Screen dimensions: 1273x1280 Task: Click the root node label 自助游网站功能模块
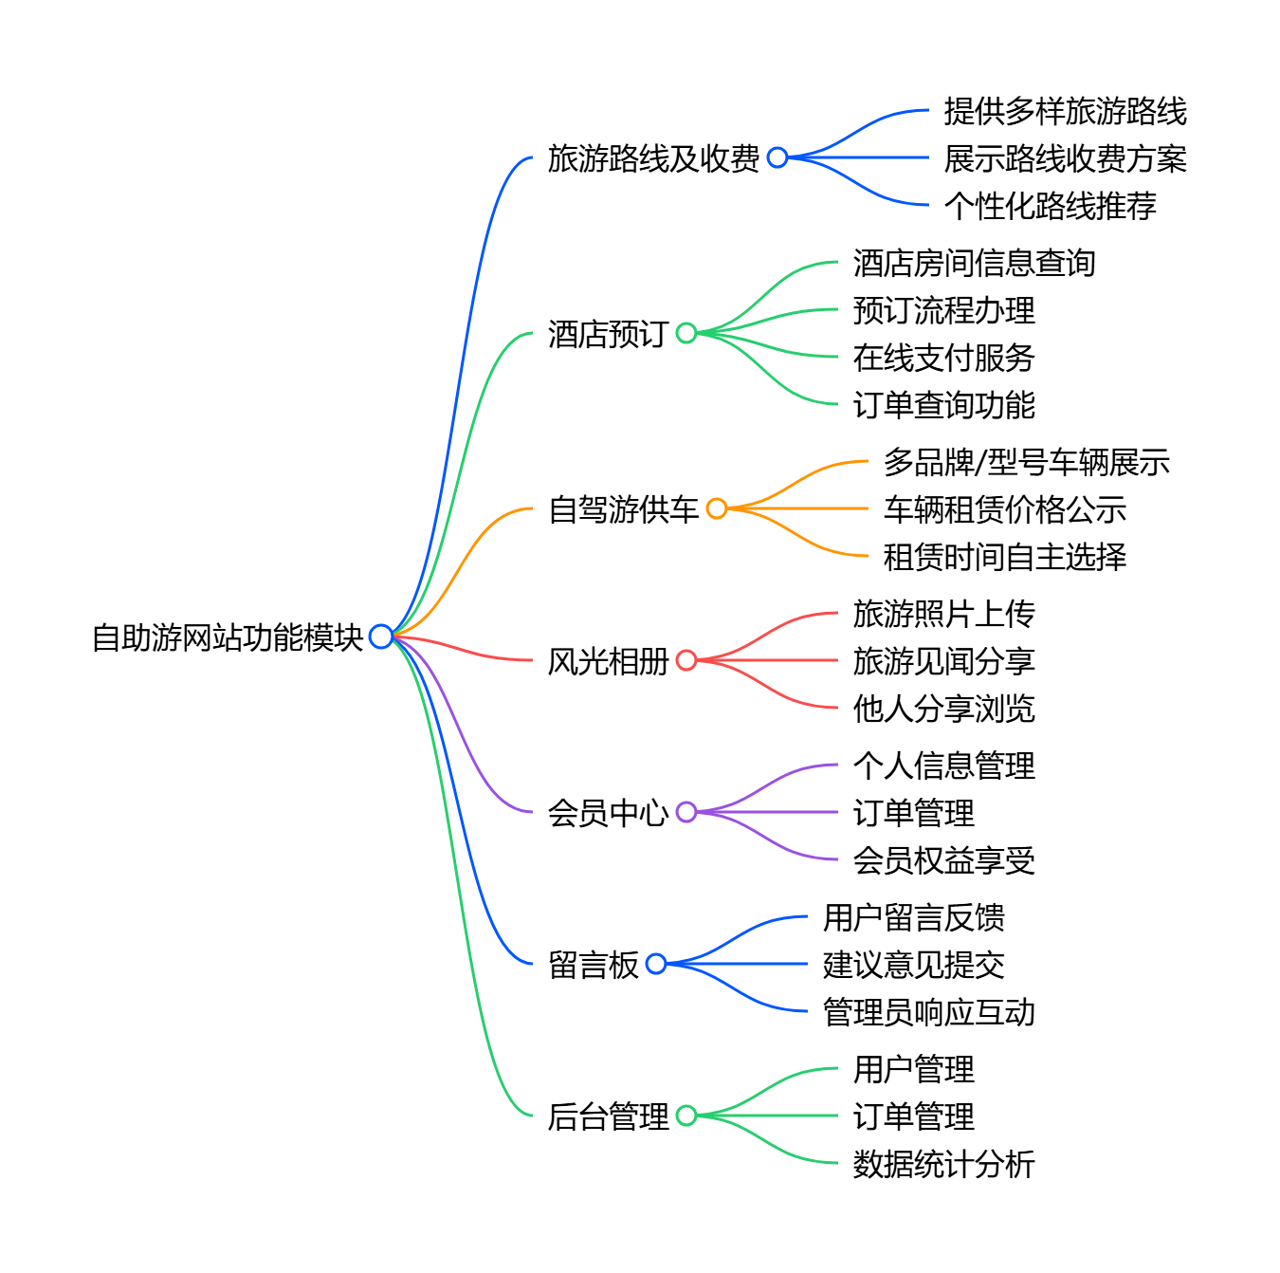228,637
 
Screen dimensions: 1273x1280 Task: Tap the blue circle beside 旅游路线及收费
777,157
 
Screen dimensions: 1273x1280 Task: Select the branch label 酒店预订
608,334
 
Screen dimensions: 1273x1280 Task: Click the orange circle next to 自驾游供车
717,508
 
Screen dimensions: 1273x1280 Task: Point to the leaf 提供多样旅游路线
1065,111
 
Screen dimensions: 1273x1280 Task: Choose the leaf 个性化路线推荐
1050,206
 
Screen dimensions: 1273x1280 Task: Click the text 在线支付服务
943,358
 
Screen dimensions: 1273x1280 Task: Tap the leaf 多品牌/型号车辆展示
1026,462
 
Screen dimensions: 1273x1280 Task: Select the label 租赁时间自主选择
1004,557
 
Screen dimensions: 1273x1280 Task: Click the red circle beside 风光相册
686,660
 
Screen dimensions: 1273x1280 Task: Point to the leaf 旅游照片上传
943,614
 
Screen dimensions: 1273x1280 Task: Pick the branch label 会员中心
608,813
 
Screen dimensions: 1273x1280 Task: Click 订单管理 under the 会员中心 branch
913,813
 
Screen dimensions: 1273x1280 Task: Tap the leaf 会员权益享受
943,860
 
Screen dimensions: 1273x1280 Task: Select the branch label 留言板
594,965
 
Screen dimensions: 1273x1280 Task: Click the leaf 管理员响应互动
928,1012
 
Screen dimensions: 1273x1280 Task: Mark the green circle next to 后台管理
686,1116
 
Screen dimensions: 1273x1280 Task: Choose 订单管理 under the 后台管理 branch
913,1116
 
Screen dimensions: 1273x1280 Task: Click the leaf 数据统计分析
943,1164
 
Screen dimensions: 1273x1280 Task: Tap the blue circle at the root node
381,636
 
